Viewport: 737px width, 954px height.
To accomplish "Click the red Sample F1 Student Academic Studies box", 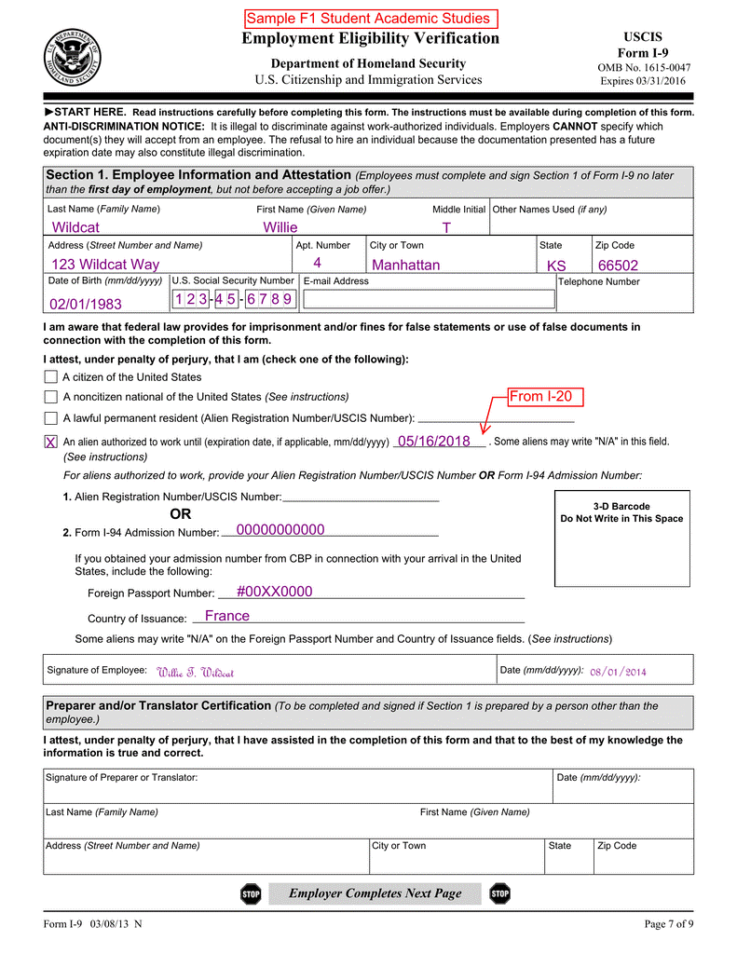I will click(368, 19).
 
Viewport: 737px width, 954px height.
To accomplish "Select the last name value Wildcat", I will click(75, 227).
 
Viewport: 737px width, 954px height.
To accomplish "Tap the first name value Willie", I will click(280, 227).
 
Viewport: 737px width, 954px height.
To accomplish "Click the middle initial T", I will click(446, 228).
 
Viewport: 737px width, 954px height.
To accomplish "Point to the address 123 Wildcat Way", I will click(105, 266).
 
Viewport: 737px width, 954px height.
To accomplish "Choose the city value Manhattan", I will click(405, 266).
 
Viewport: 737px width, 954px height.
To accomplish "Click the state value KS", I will click(556, 266).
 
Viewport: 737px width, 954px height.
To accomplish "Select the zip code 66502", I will click(618, 266).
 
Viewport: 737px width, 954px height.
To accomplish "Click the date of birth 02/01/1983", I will click(85, 304).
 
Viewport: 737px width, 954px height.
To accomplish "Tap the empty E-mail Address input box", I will click(429, 299).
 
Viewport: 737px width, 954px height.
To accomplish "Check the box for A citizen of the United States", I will click(50, 377).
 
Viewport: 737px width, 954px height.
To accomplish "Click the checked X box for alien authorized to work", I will click(50, 442).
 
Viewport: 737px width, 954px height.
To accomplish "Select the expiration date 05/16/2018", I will click(433, 442).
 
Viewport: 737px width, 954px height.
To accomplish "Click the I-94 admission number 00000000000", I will click(280, 530).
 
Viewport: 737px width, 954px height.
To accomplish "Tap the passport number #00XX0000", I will click(274, 592).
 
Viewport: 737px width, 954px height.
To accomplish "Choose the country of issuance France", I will click(226, 616).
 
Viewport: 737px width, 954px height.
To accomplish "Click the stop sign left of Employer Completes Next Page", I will click(251, 894).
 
